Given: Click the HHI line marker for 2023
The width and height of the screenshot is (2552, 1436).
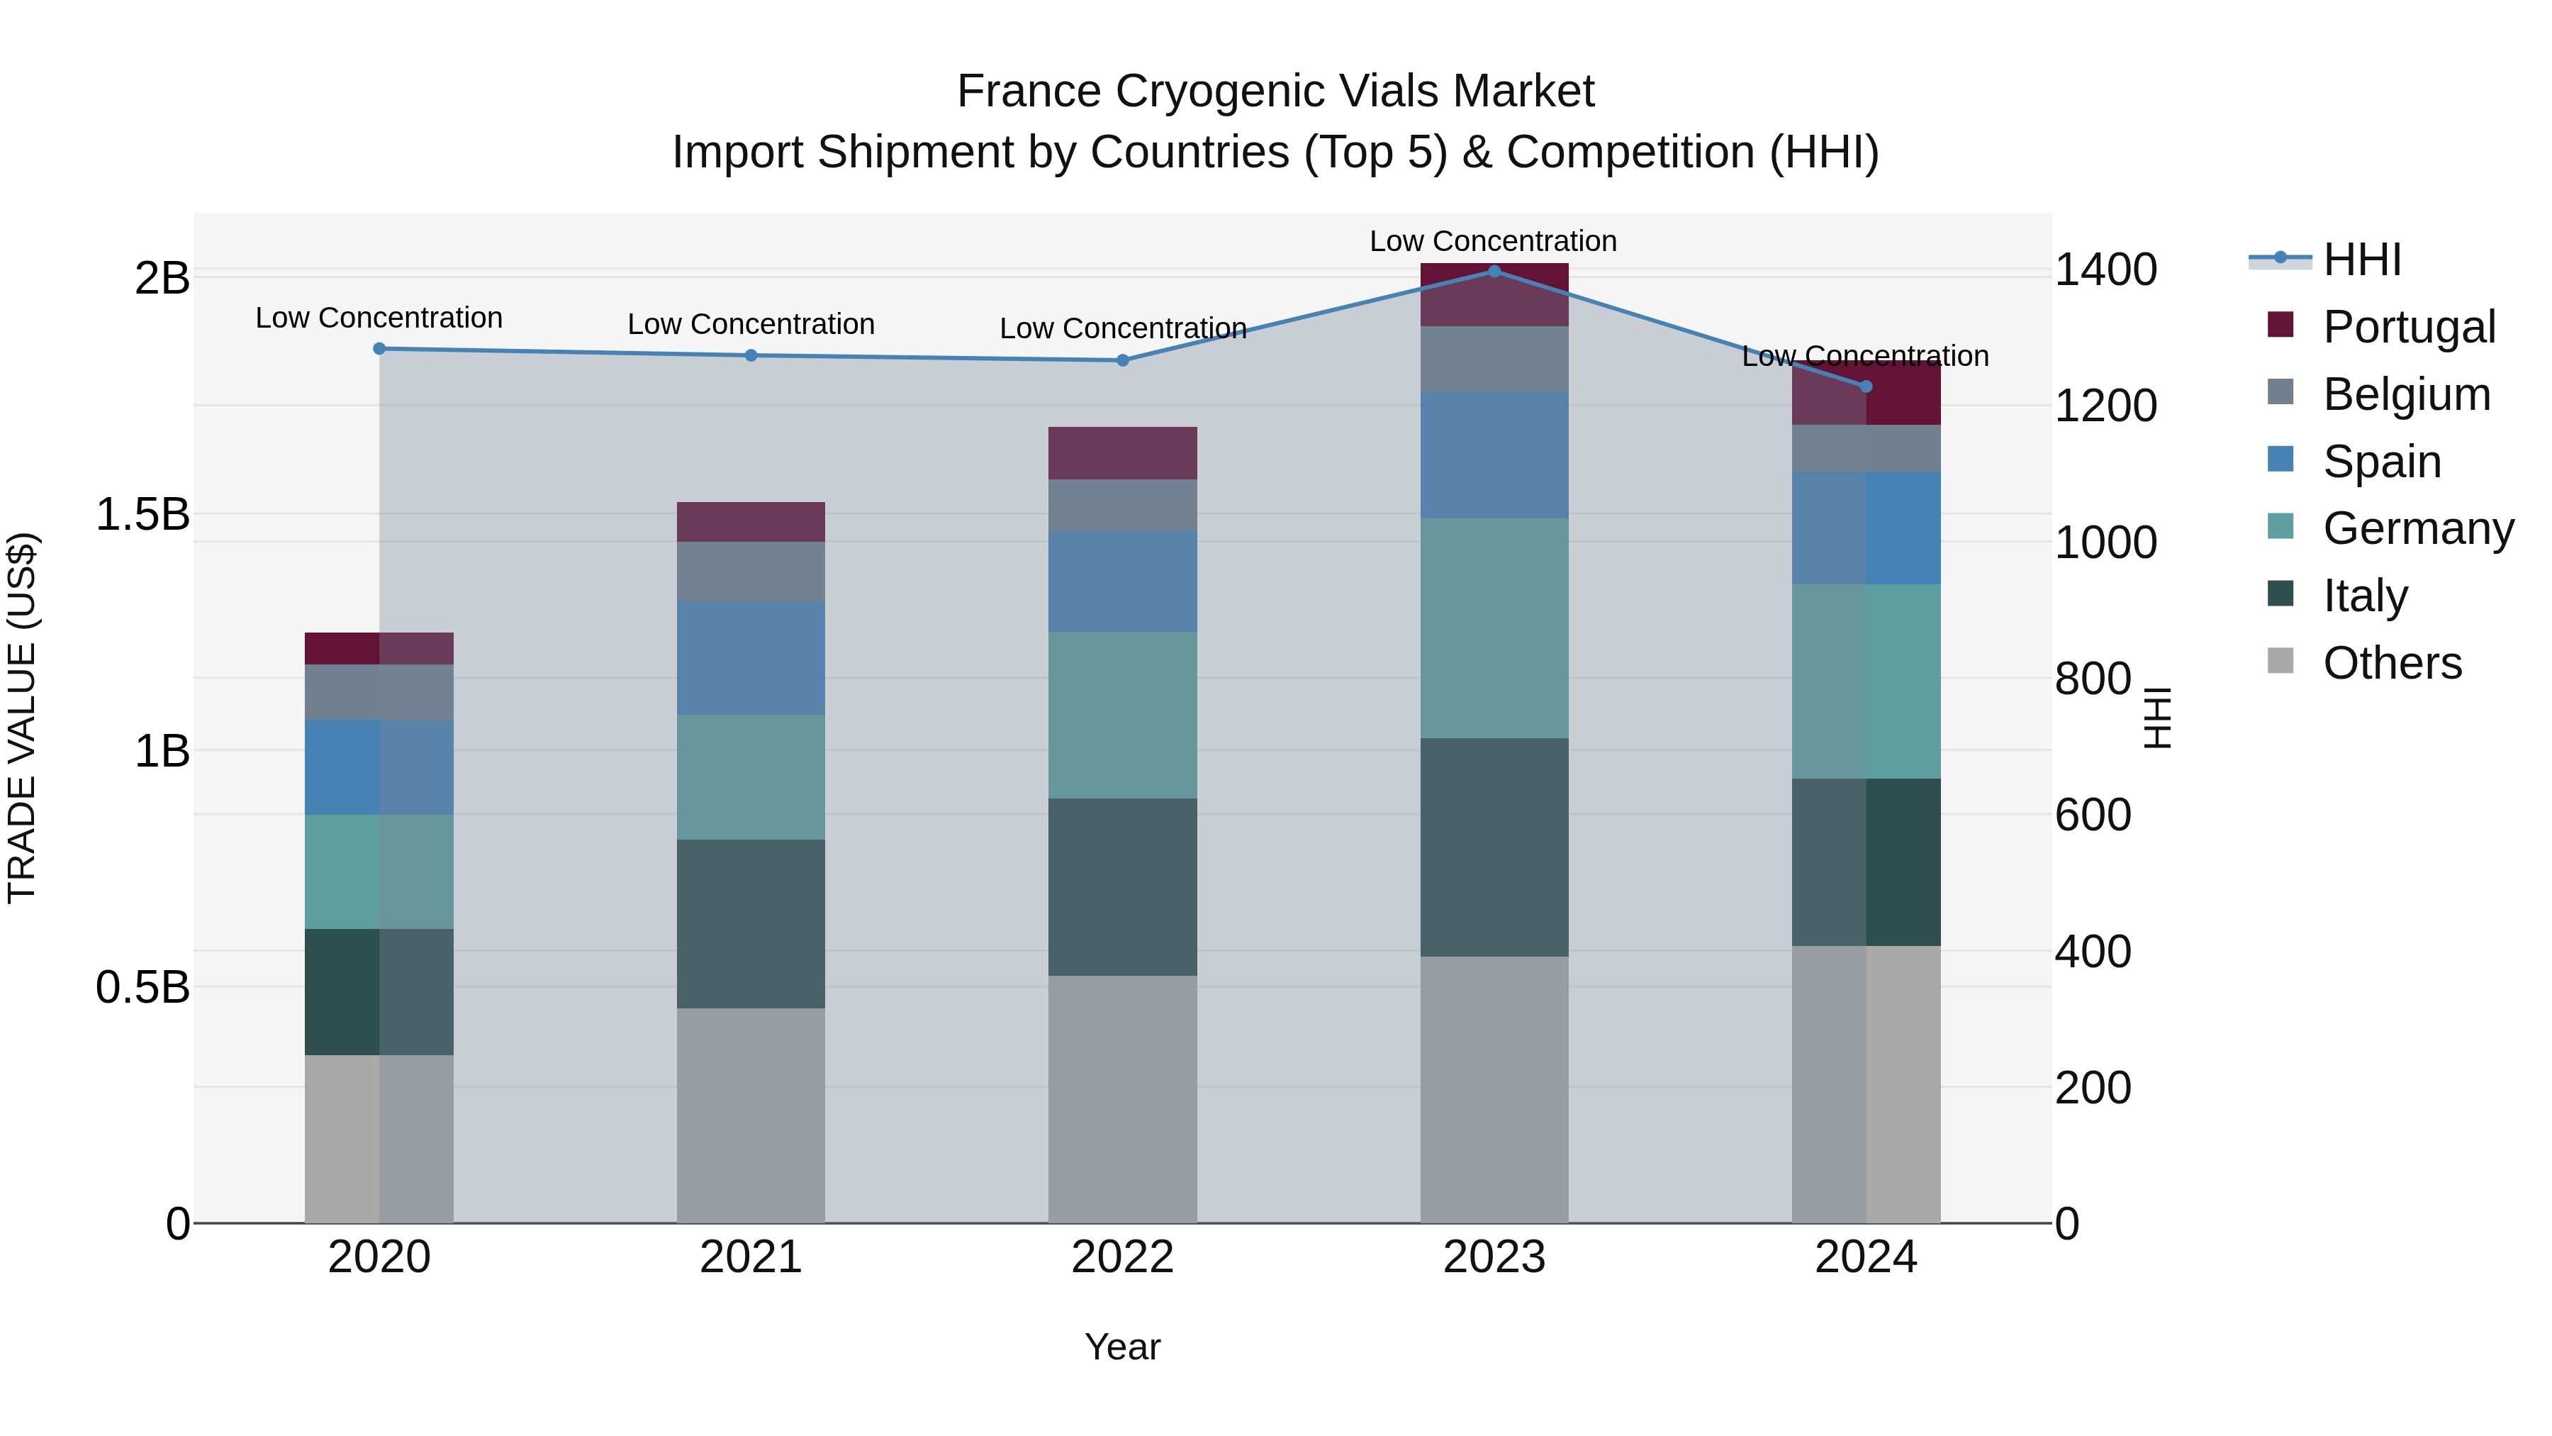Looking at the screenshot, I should pyautogui.click(x=1494, y=271).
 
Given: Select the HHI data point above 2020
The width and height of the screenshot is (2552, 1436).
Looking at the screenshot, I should pyautogui.click(x=379, y=348).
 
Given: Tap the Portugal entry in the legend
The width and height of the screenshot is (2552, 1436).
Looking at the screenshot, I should pyautogui.click(x=2407, y=327).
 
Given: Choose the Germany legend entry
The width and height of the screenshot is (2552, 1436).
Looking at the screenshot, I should pyautogui.click(x=2417, y=528).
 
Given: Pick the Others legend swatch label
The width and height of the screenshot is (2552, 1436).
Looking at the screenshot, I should pyautogui.click(x=2392, y=663).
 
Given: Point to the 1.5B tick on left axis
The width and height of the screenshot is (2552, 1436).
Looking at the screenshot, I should pyautogui.click(x=142, y=514).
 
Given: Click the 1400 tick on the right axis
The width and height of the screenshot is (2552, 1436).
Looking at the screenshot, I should pyautogui.click(x=2105, y=269).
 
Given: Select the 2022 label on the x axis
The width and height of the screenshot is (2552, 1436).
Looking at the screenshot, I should pyautogui.click(x=1122, y=1257).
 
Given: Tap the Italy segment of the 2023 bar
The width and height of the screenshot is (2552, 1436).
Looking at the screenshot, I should pyautogui.click(x=1494, y=847).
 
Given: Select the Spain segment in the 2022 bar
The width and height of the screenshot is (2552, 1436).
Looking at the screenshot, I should pyautogui.click(x=1122, y=581).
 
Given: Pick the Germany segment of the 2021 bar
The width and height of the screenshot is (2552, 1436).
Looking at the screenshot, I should pyautogui.click(x=751, y=777).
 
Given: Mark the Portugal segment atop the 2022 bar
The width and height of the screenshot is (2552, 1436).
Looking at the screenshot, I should pyautogui.click(x=1122, y=453).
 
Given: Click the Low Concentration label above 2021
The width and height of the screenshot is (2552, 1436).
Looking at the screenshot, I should pyautogui.click(x=751, y=324).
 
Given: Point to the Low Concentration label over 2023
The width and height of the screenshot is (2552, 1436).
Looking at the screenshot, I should pyautogui.click(x=1493, y=241).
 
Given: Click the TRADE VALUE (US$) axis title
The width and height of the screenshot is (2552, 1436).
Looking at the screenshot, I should pyautogui.click(x=22, y=718).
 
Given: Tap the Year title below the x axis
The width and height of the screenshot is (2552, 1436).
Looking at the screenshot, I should pyautogui.click(x=1122, y=1347).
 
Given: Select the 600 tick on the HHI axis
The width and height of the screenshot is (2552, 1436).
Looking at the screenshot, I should pyautogui.click(x=2093, y=815).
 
